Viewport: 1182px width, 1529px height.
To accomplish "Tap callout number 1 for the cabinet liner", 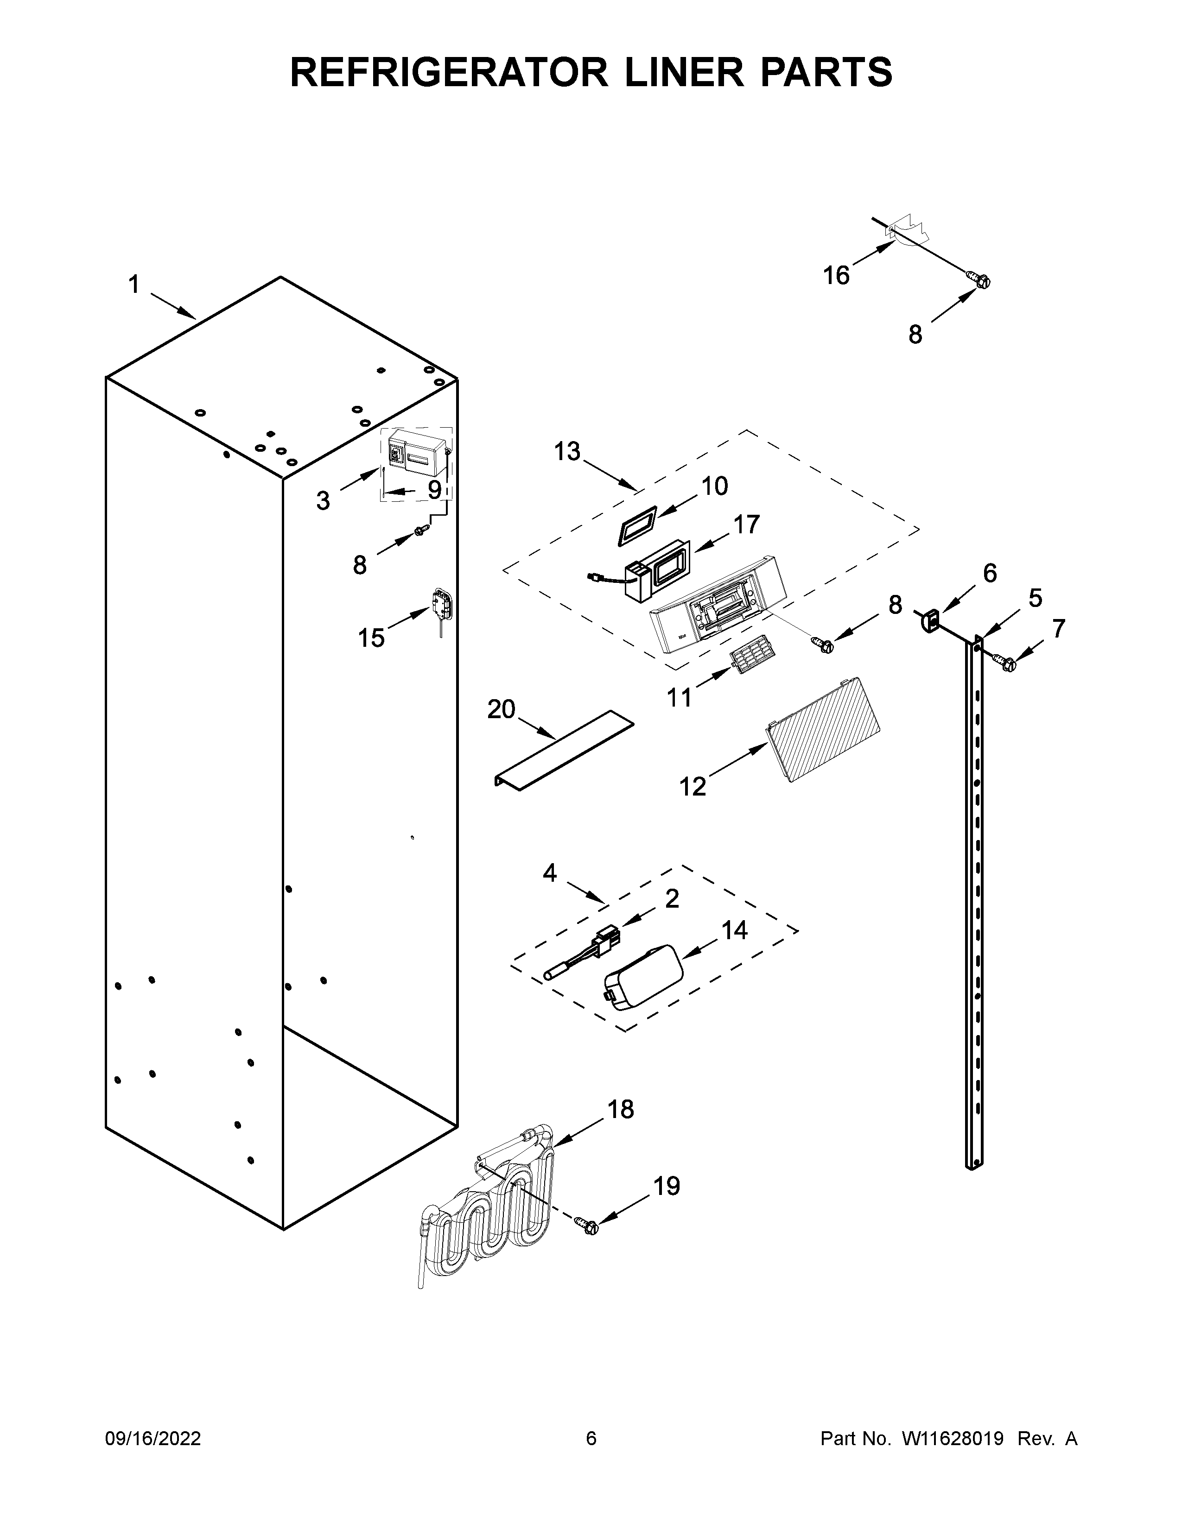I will [134, 285].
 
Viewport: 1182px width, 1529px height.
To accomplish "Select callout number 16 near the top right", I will [836, 275].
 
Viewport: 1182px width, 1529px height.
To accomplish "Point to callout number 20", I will [502, 709].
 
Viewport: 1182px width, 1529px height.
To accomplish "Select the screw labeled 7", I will [1006, 660].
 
